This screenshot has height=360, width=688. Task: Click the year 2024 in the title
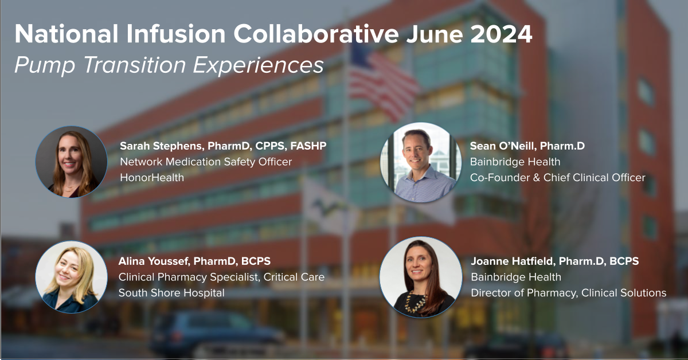point(501,34)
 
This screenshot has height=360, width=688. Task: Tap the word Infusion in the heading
point(175,34)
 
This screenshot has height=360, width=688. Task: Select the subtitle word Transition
point(134,65)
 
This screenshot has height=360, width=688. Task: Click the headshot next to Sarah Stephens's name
point(71,162)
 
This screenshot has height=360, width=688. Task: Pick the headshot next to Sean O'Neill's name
point(421,162)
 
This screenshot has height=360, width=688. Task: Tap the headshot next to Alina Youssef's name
point(71,277)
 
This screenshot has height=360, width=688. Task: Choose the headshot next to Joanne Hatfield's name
point(421,277)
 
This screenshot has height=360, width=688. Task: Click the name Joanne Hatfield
point(512,261)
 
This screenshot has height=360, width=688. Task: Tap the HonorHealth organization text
point(152,178)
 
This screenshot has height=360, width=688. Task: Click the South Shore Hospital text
point(171,293)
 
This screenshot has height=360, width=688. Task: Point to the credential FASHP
point(308,146)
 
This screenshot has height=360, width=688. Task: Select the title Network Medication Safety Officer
point(206,162)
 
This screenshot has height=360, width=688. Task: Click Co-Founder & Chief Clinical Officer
point(557,178)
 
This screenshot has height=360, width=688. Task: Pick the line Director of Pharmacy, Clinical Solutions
point(569,293)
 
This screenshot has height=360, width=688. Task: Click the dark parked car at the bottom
point(215,333)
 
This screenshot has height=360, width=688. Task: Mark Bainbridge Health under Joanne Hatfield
point(516,277)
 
